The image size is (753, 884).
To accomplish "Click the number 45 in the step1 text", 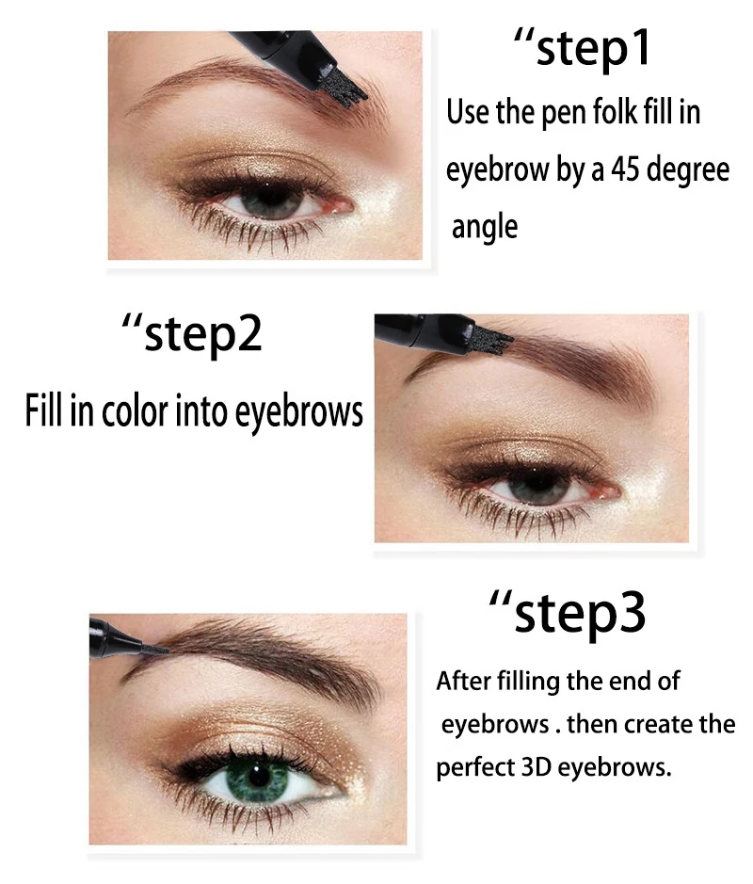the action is click(624, 169).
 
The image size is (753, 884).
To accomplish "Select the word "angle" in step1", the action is click(485, 228).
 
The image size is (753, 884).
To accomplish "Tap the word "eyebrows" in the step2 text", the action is click(298, 412).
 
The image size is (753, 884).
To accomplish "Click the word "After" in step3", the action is click(464, 681).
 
